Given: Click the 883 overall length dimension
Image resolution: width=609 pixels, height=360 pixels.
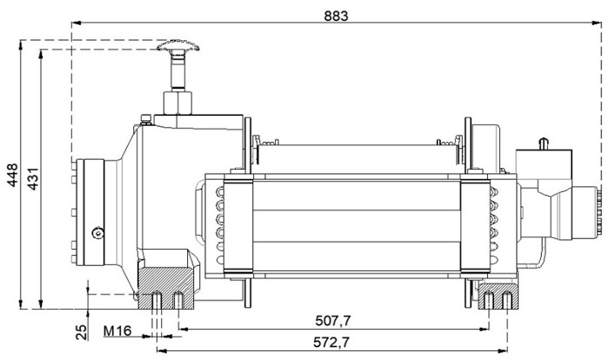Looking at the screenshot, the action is pos(336,16).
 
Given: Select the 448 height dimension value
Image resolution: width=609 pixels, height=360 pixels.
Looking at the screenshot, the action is pos(13,175).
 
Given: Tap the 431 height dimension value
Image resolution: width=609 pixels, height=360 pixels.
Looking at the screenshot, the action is pos(33,178).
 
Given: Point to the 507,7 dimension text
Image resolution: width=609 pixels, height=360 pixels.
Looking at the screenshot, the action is pos(333,321).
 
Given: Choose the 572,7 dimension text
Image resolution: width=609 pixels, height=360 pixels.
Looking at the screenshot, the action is pos(331,342).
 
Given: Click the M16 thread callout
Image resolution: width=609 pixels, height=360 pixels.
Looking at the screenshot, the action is pos(117,331).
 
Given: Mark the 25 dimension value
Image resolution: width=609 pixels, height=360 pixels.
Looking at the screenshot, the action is pos(82,331).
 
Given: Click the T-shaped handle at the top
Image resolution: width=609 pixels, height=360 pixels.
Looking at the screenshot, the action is pos(178,46).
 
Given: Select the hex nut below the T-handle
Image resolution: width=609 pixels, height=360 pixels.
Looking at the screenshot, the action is pos(177,103).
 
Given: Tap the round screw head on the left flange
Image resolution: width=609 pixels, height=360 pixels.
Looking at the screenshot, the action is pos(97,233).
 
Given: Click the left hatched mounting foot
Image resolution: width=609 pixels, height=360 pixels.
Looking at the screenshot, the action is pos(166,288).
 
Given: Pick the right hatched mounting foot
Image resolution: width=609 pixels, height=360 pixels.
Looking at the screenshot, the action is pos(499,297).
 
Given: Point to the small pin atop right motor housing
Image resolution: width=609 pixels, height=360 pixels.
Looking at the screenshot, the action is pos(544,143).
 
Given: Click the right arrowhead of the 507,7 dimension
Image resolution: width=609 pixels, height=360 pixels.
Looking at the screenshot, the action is pos(484,330).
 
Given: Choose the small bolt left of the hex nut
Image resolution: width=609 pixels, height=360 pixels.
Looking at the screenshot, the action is pos(146,120).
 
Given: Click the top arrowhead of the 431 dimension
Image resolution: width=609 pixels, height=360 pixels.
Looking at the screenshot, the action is pos(41,55).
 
